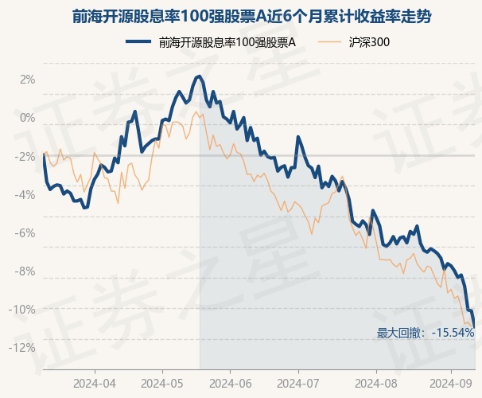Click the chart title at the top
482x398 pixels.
click(x=240, y=16)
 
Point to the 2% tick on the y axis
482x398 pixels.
click(x=28, y=80)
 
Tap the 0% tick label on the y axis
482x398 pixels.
click(x=28, y=118)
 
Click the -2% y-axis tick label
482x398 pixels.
click(x=26, y=156)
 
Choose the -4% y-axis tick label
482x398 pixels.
click(x=26, y=194)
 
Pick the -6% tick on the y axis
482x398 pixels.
click(x=26, y=232)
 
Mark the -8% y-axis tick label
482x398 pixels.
click(x=26, y=271)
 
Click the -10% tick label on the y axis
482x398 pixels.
click(x=24, y=309)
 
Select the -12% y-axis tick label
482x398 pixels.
click(x=24, y=347)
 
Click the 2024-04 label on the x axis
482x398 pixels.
click(x=95, y=382)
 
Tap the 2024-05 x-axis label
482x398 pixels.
click(x=162, y=382)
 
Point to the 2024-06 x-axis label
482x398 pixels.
click(x=230, y=382)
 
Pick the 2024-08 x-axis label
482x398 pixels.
click(x=365, y=382)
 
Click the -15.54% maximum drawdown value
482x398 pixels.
click(x=453, y=333)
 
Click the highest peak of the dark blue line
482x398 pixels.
click(x=197, y=76)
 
